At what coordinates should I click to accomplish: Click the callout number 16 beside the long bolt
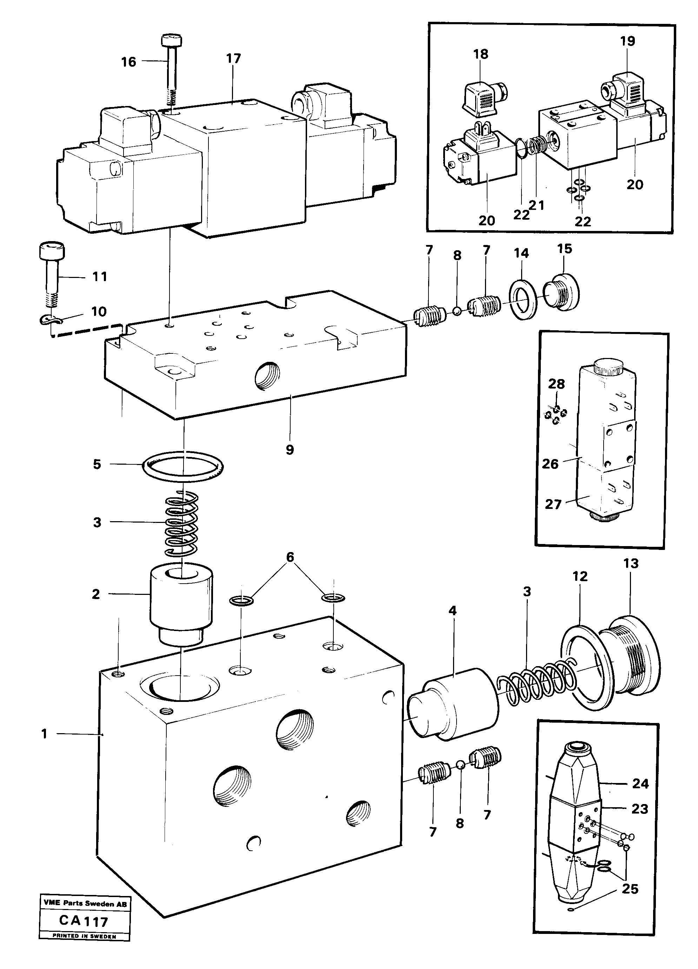128,62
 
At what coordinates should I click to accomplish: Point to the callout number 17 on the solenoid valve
234,59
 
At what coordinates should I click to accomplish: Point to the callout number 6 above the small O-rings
290,557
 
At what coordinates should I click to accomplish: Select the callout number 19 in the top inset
627,41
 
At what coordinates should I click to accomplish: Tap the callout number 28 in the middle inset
557,384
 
